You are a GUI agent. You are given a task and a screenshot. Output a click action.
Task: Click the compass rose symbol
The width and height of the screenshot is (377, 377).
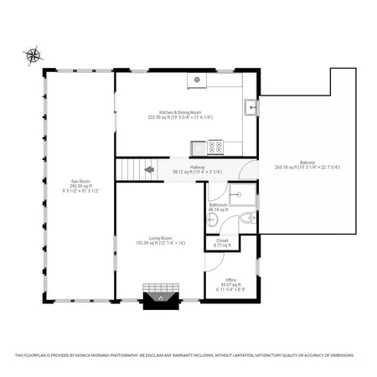click(34, 56)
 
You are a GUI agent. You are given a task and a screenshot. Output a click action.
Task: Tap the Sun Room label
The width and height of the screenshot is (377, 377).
click(80, 181)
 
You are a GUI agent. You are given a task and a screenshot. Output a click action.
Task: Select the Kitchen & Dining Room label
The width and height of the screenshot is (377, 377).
click(180, 111)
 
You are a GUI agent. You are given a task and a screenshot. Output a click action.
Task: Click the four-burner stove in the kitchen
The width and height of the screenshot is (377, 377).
click(214, 147)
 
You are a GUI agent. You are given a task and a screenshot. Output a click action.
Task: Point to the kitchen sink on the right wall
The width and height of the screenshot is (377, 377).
click(250, 106)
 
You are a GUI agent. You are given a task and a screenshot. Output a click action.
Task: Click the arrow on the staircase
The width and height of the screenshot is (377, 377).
click(149, 169)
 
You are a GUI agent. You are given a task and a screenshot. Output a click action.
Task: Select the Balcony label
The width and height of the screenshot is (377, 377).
click(307, 162)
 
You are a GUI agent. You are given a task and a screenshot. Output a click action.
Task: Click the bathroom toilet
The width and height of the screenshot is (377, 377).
click(246, 219)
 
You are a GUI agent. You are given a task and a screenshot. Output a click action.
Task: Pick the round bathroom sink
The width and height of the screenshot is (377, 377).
click(213, 220)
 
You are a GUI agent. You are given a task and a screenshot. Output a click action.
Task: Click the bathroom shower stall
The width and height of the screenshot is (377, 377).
click(243, 194)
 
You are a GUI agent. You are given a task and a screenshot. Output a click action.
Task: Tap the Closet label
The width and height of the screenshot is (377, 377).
click(222, 240)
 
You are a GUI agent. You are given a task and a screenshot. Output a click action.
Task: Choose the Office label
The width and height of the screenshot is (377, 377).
click(230, 279)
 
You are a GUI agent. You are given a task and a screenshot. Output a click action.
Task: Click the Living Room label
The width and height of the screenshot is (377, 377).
click(160, 238)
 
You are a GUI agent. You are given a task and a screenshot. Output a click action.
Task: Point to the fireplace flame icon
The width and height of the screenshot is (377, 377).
click(158, 297)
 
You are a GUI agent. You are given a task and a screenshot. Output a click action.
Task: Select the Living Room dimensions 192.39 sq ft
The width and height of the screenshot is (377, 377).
click(160, 243)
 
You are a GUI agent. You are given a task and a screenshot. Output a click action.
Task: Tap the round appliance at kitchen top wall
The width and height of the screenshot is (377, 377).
click(198, 80)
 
